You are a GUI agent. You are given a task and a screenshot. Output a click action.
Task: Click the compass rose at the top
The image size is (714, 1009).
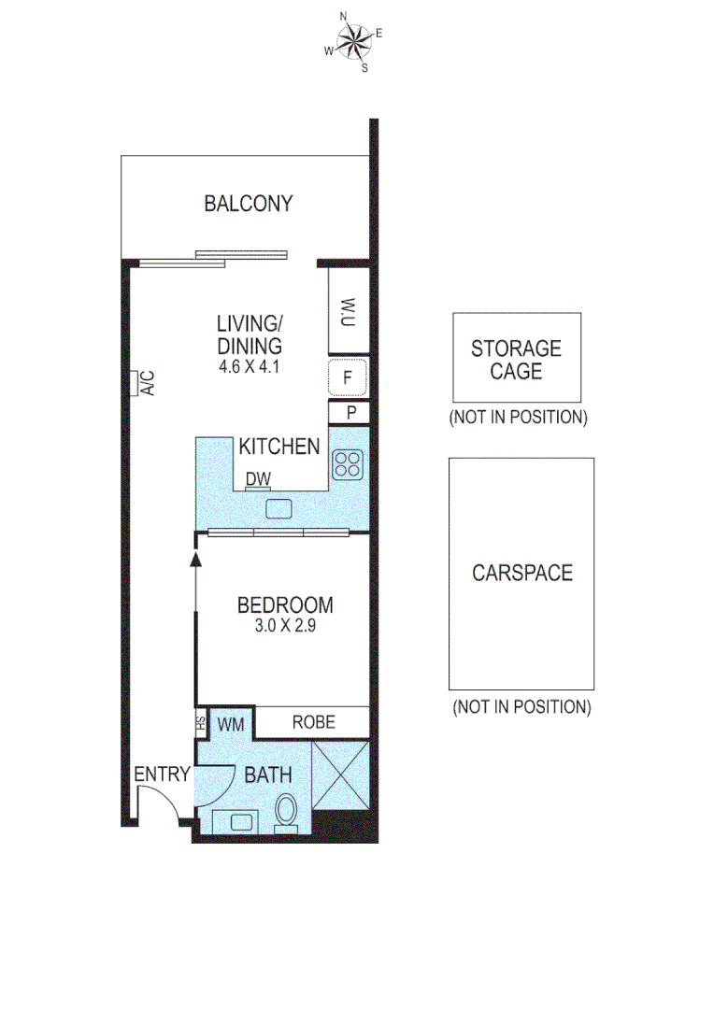point(353,42)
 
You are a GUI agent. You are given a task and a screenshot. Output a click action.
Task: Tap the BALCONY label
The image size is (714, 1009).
point(249,204)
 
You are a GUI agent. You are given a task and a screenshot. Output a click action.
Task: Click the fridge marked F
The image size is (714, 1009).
point(348,378)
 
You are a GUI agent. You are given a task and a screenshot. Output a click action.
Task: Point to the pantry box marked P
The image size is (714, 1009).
point(349,412)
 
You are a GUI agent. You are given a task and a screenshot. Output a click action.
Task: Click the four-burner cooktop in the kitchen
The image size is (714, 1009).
point(348,464)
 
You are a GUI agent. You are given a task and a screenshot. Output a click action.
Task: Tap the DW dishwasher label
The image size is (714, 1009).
point(258,479)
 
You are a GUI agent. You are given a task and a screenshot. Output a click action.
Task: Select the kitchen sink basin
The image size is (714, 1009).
point(278,508)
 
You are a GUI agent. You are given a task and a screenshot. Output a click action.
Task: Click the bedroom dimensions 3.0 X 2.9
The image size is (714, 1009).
point(285,628)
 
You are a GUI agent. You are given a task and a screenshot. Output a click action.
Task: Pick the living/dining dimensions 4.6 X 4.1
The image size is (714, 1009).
point(250,367)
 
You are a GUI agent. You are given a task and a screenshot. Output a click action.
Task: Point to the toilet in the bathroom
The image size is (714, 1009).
point(287,811)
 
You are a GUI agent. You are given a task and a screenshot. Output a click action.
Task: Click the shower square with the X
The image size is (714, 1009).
point(338,775)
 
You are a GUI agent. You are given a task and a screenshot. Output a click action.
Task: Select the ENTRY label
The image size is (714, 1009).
point(162,775)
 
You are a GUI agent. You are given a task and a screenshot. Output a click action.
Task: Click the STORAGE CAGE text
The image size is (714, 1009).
point(516,360)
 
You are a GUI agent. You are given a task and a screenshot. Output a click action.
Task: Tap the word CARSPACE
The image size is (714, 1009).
point(521,573)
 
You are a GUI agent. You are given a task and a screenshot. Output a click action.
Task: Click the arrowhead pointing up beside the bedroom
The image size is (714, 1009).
point(195,559)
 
